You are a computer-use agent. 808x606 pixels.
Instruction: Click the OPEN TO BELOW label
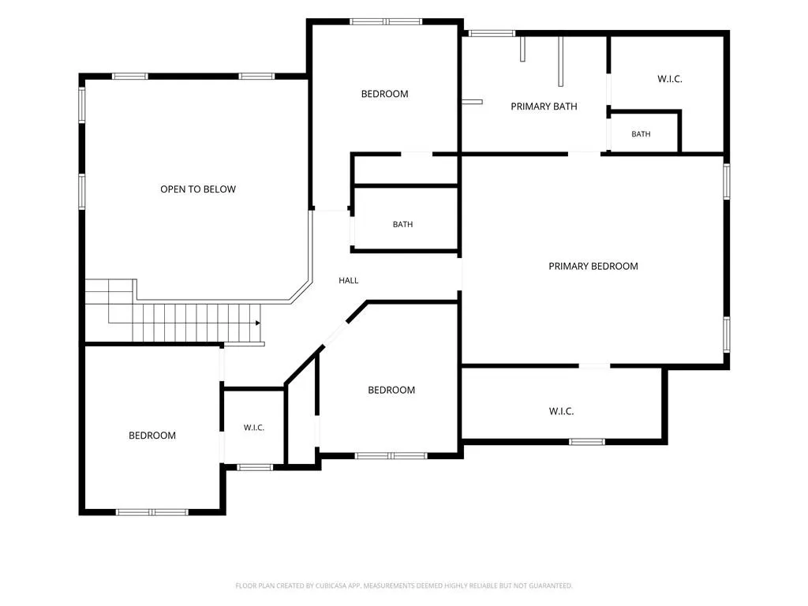(198, 189)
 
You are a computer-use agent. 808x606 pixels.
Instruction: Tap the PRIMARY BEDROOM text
(593, 266)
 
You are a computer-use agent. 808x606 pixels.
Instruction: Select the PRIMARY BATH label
(544, 107)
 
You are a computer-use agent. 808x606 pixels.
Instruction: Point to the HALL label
(348, 280)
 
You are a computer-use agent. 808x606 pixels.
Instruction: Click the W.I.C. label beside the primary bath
(669, 79)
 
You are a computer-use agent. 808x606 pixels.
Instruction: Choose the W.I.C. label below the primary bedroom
(561, 410)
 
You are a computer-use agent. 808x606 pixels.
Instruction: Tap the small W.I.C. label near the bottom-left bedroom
(253, 427)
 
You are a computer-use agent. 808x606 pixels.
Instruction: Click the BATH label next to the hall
(402, 224)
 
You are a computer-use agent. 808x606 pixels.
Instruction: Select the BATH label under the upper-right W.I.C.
(641, 134)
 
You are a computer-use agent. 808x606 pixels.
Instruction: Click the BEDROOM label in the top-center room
(384, 94)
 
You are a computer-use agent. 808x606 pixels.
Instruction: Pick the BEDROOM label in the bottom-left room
(152, 436)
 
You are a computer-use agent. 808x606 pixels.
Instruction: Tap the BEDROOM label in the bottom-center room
(391, 390)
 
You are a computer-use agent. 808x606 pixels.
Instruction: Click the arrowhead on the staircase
(258, 323)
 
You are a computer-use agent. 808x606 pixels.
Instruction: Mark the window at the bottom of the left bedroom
(152, 512)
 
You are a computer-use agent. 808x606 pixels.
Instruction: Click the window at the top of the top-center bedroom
(386, 21)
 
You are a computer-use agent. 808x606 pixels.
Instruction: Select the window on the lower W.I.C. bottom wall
(587, 442)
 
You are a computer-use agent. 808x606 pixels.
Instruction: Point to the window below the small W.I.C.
(255, 467)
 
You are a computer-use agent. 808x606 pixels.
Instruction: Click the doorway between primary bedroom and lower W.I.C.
(594, 366)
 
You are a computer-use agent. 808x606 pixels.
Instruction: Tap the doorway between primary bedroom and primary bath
(585, 154)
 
